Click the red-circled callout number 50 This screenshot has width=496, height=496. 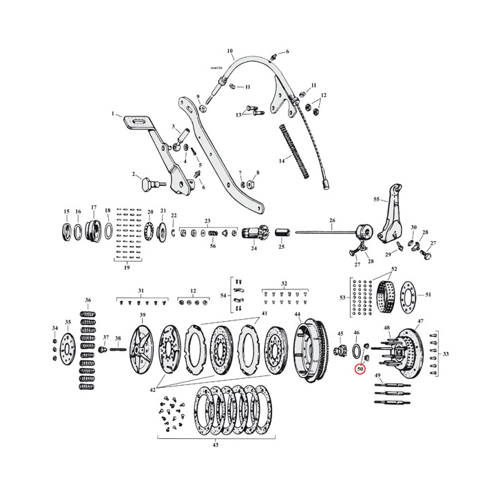[360, 370]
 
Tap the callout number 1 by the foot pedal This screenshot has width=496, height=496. [113, 114]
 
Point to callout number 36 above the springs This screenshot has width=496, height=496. [87, 300]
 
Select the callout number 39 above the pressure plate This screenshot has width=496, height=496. [143, 316]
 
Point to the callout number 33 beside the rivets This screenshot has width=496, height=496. [446, 354]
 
